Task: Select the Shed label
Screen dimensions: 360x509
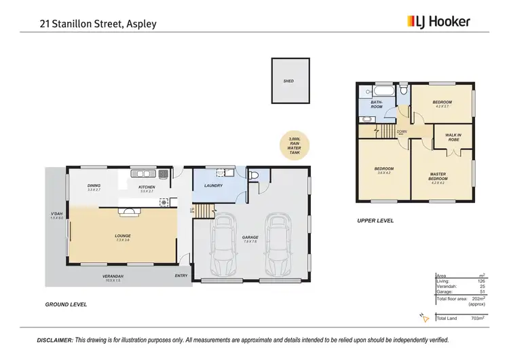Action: pyautogui.click(x=288, y=81)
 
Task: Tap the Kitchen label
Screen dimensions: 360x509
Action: pyautogui.click(x=147, y=187)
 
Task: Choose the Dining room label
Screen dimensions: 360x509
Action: pyautogui.click(x=94, y=187)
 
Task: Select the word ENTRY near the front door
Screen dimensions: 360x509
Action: pyautogui.click(x=181, y=276)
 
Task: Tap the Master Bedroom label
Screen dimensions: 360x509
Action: pyautogui.click(x=438, y=177)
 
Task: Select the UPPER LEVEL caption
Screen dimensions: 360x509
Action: pyautogui.click(x=375, y=221)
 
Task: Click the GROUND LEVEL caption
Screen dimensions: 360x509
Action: pyautogui.click(x=66, y=304)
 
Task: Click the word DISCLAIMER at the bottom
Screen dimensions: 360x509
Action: pyautogui.click(x=54, y=340)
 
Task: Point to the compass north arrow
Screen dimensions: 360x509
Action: pyautogui.click(x=423, y=317)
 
